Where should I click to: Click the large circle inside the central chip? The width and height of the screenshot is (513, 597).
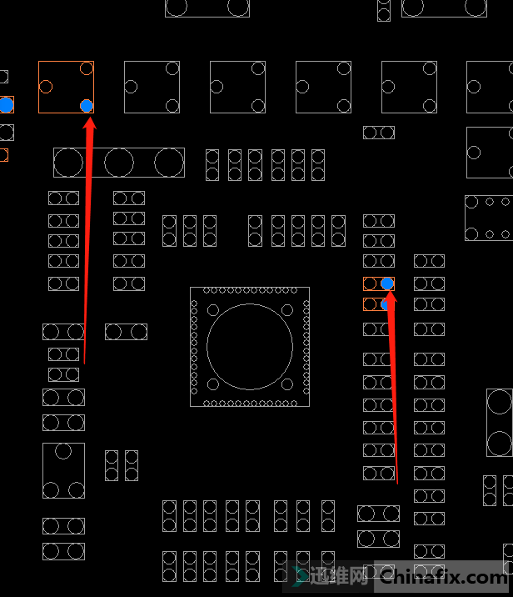point(250,347)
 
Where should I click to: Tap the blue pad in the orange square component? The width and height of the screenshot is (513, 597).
point(87,105)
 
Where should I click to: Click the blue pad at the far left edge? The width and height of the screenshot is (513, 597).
point(6,105)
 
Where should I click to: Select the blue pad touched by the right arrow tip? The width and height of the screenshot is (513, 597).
point(387,283)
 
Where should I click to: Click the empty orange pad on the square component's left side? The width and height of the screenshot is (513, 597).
point(46,86)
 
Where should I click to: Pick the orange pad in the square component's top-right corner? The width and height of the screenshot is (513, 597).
point(87,68)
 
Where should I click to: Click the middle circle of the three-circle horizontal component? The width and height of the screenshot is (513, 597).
point(119,162)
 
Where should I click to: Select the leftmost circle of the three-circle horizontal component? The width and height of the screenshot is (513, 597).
point(69,162)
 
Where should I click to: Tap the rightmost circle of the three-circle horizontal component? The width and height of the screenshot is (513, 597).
point(169,162)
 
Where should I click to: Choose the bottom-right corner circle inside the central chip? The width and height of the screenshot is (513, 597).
point(287,384)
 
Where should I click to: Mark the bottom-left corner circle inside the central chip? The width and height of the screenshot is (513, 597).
point(213,384)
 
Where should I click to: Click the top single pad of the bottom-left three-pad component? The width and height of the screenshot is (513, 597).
point(63,452)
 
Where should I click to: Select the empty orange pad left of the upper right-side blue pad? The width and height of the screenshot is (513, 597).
point(370,283)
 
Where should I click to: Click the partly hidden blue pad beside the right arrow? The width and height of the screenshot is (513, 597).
point(386,304)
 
